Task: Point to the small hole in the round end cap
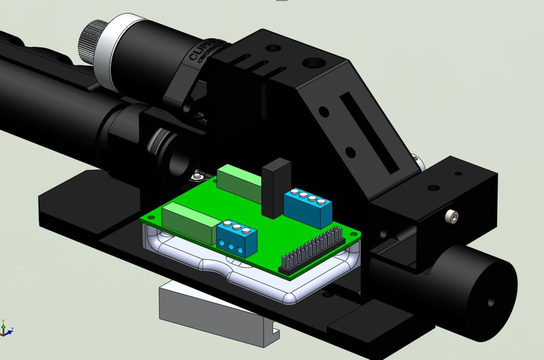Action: pyautogui.click(x=491, y=303)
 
